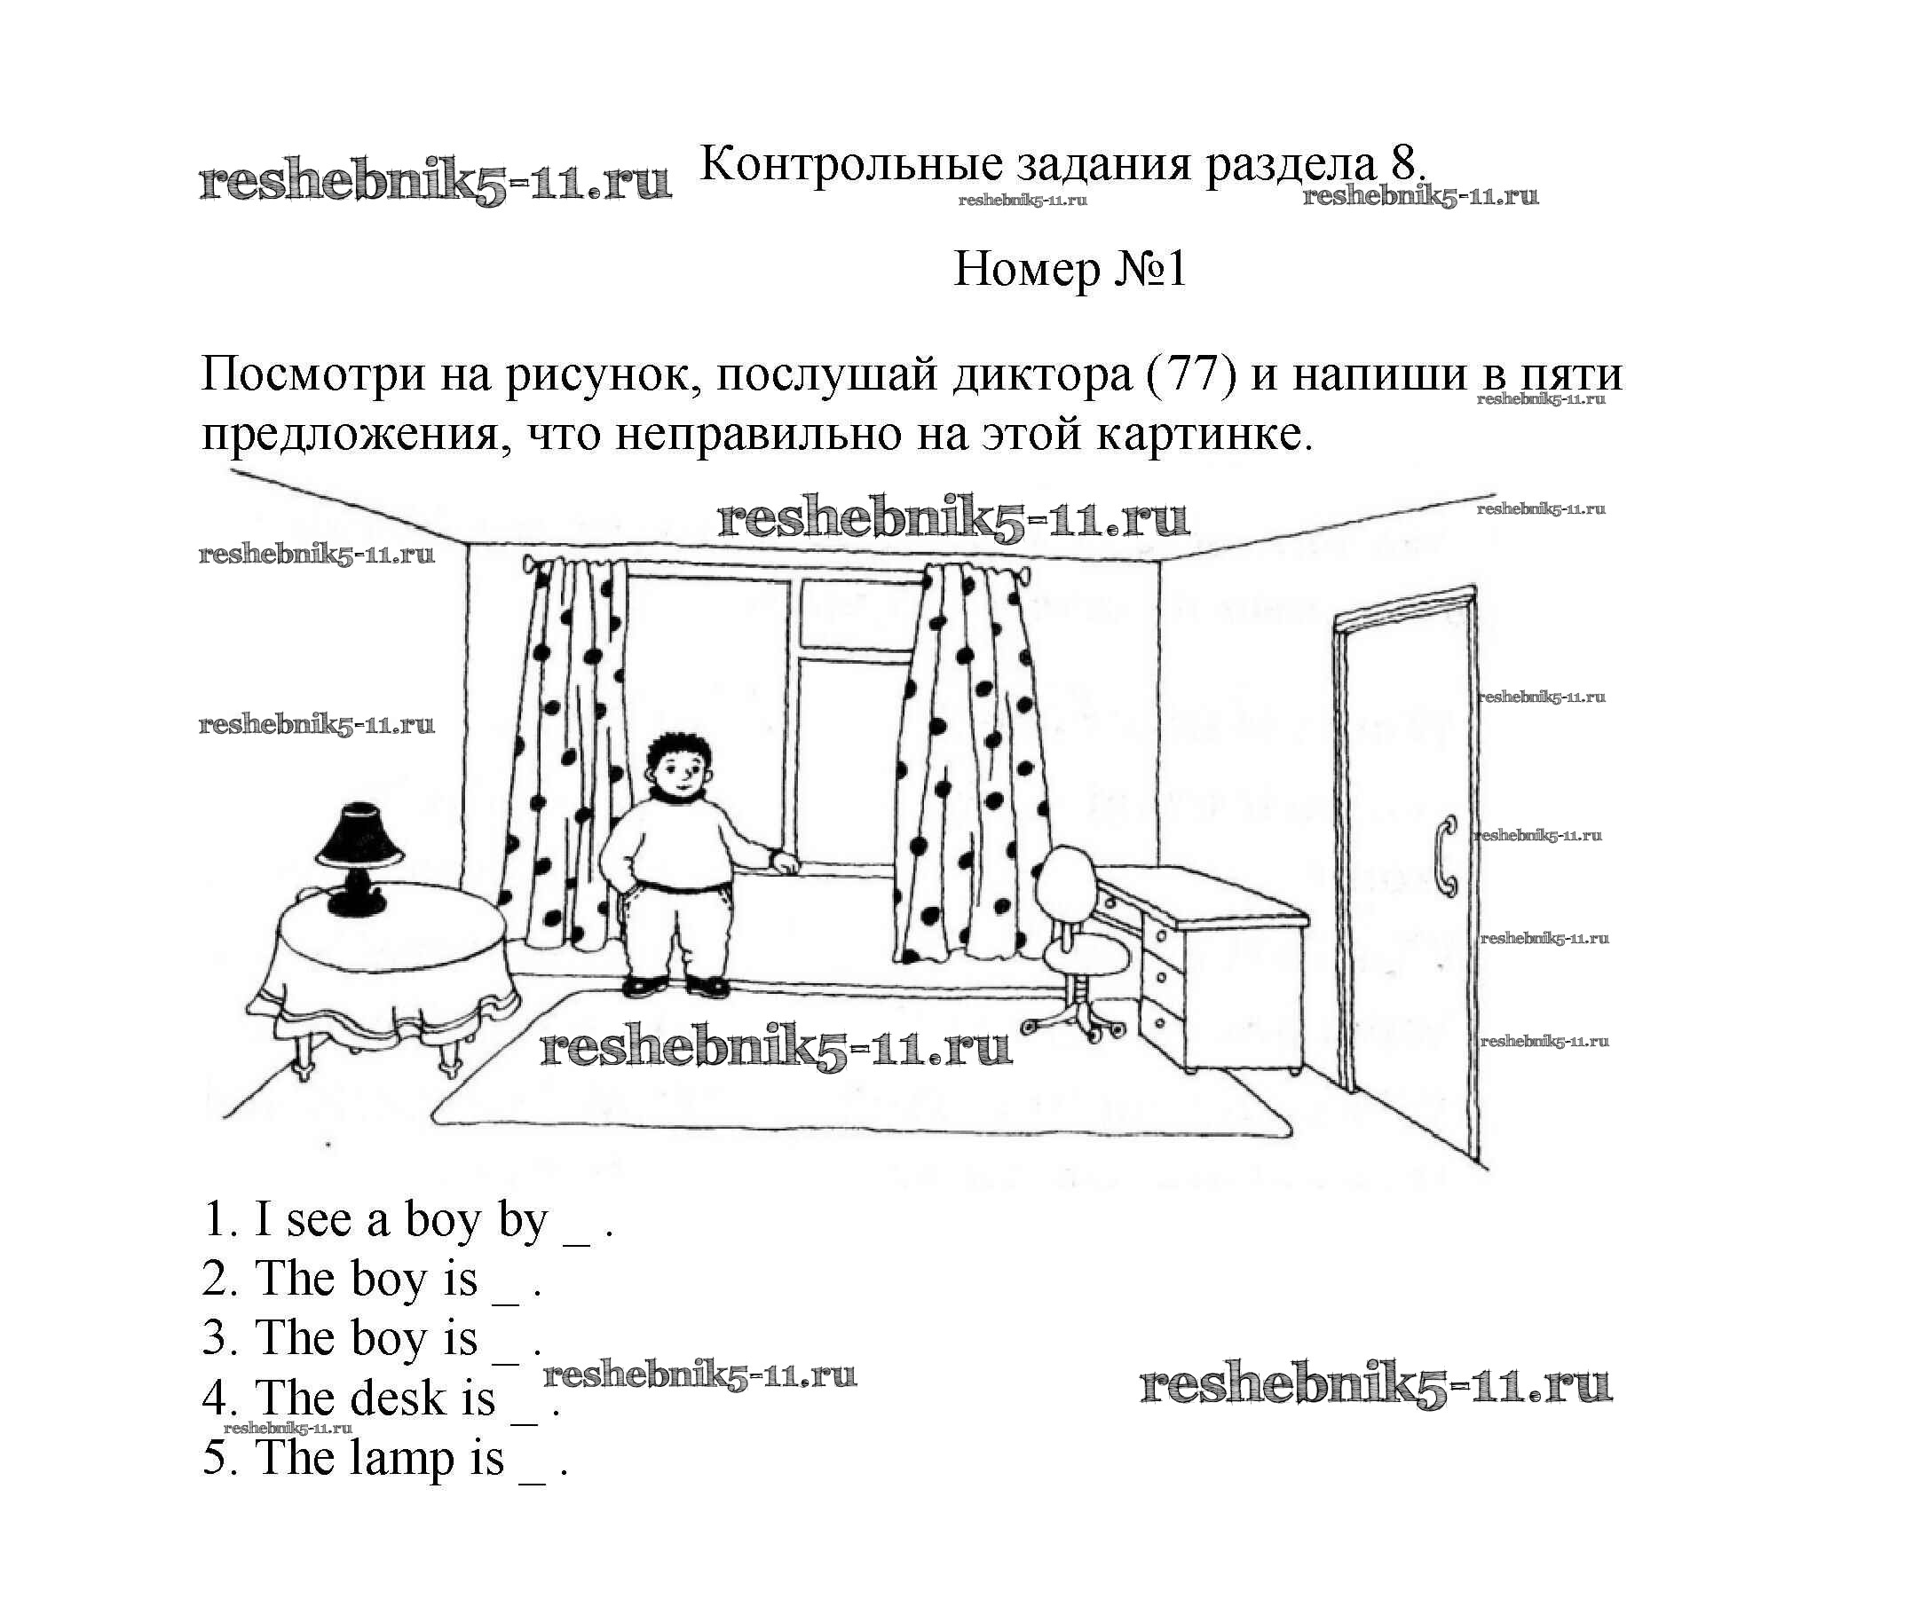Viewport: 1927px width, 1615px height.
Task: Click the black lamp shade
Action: click(x=359, y=835)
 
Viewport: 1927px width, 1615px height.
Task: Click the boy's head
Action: click(x=679, y=767)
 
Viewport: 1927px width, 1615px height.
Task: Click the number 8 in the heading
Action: click(x=1403, y=165)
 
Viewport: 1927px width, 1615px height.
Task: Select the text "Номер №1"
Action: click(x=1070, y=270)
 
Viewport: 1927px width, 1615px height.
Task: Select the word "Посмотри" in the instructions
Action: click(x=312, y=374)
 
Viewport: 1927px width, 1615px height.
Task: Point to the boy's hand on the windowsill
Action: click(x=786, y=863)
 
